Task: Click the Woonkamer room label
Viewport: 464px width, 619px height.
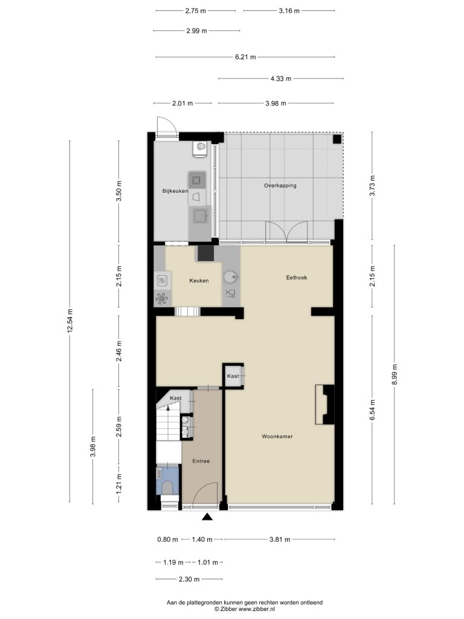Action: click(x=277, y=436)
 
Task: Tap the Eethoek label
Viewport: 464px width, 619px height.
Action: click(x=296, y=277)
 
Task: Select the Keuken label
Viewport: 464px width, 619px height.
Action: click(x=199, y=280)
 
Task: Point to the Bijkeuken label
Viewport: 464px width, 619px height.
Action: click(x=175, y=191)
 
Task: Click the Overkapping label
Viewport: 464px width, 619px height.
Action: click(x=280, y=185)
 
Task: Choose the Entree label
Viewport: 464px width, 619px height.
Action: click(x=201, y=461)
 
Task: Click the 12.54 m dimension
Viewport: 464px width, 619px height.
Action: click(x=70, y=321)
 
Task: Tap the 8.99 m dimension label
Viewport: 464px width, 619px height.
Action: click(x=395, y=375)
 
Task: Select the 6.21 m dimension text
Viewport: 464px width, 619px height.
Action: click(x=245, y=57)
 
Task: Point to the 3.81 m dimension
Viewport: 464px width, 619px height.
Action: click(x=280, y=539)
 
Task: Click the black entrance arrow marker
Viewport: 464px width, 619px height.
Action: click(x=207, y=516)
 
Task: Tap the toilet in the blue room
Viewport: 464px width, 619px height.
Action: click(x=167, y=487)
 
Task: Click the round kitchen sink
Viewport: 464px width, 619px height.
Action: click(x=230, y=277)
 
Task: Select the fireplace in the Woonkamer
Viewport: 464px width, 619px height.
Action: click(x=324, y=404)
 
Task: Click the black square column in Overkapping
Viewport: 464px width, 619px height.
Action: click(x=337, y=139)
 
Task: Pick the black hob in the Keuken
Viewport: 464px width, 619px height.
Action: click(x=205, y=253)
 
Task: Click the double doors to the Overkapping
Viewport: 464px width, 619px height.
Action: click(x=286, y=232)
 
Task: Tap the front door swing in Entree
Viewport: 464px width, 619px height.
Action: click(x=207, y=493)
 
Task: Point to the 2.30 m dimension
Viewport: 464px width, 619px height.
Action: click(x=189, y=579)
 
